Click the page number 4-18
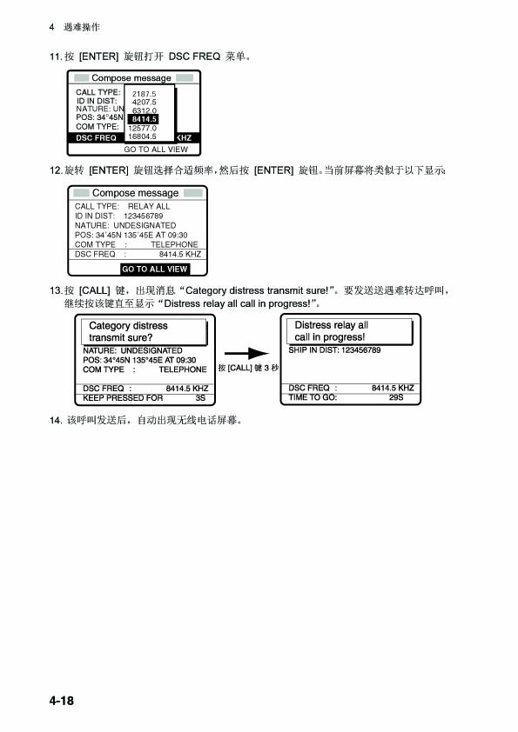tap(61, 700)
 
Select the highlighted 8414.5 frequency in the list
tap(144, 119)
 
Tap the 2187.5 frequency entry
tap(144, 94)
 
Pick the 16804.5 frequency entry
tap(142, 136)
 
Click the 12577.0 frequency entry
tap(142, 128)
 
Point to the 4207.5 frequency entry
tap(144, 103)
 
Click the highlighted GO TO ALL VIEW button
tap(155, 269)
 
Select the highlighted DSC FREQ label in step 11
tap(96, 137)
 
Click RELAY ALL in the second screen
tap(149, 206)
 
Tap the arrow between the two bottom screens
tap(247, 354)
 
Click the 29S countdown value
tap(395, 397)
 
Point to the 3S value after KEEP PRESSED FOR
tap(200, 398)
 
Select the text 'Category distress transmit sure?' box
tap(144, 332)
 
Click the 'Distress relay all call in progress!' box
tap(350, 331)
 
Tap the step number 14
tap(56, 420)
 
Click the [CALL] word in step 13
tap(94, 290)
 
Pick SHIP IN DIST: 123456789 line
tap(334, 350)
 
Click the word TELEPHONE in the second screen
tap(174, 244)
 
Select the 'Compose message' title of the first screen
tap(131, 78)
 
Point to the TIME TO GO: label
tap(313, 397)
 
